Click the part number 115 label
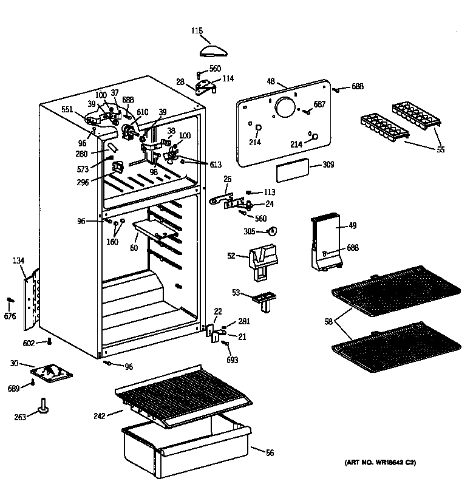click(197, 31)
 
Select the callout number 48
click(271, 80)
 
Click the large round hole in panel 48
click(285, 109)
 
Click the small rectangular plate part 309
click(290, 172)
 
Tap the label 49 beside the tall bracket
click(352, 226)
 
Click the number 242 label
click(99, 416)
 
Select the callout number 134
click(18, 261)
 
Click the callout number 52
click(231, 256)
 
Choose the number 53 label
click(236, 293)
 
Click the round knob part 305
click(273, 231)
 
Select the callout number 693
click(233, 360)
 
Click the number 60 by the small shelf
click(134, 248)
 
